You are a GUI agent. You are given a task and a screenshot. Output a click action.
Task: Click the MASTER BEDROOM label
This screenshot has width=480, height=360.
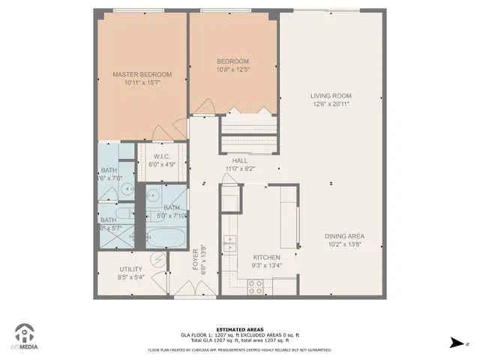[142, 74]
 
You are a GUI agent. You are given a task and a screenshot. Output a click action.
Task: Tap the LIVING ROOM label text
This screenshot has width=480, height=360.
[331, 96]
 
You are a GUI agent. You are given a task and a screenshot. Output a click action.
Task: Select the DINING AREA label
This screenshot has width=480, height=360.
[345, 236]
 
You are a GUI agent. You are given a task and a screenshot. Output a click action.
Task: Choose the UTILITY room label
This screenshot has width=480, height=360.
[131, 268]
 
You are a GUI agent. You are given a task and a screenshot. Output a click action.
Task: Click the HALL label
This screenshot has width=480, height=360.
[240, 160]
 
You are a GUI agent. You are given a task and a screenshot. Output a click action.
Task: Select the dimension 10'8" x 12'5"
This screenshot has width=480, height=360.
[232, 70]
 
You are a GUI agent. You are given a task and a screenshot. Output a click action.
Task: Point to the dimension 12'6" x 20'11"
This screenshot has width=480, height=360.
[331, 104]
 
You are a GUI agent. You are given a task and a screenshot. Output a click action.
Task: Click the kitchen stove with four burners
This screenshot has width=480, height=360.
[256, 286]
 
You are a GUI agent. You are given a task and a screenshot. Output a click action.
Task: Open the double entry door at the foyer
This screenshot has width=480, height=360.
[195, 297]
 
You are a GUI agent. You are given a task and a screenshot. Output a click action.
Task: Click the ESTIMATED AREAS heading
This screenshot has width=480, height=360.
[239, 329]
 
